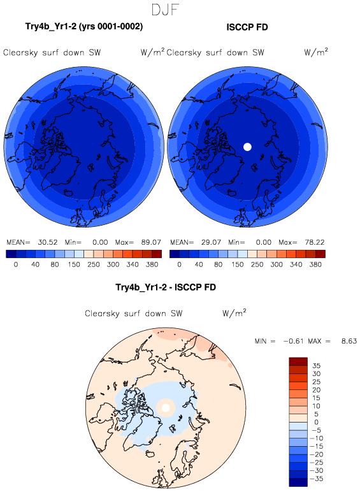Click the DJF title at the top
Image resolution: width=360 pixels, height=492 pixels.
point(165,10)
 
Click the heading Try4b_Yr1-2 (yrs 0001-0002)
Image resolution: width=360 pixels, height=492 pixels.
point(84,27)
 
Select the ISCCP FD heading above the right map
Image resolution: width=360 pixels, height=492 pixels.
point(247,27)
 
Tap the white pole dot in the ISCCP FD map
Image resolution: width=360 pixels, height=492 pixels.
point(247,147)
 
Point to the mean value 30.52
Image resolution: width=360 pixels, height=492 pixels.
point(48,242)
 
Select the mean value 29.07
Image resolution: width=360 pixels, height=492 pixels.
point(211,242)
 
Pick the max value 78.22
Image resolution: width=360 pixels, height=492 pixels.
point(315,242)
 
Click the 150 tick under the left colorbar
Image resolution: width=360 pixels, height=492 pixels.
point(74,264)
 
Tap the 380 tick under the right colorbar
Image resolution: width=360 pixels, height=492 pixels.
point(315,264)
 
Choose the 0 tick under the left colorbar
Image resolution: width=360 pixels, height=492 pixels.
point(16,264)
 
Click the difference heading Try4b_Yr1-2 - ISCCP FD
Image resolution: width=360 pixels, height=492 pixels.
point(166,287)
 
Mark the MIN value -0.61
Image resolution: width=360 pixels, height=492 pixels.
point(293,341)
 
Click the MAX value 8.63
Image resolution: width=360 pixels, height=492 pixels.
point(349,341)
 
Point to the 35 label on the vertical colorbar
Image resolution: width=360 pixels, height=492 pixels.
point(316,366)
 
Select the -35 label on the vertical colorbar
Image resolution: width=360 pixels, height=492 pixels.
point(317,479)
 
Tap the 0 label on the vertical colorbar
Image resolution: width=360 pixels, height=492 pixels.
point(316,423)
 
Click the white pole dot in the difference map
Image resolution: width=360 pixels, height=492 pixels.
point(166,408)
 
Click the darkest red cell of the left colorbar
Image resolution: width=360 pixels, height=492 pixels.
point(157,254)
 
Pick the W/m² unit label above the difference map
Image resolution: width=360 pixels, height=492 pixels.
point(234,313)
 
